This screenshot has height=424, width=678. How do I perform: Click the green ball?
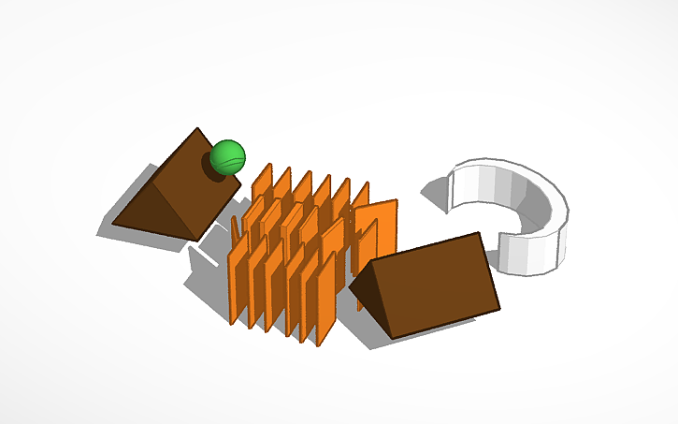227,157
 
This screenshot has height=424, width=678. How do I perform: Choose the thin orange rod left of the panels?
235,228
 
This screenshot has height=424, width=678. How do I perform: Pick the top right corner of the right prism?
478,234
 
